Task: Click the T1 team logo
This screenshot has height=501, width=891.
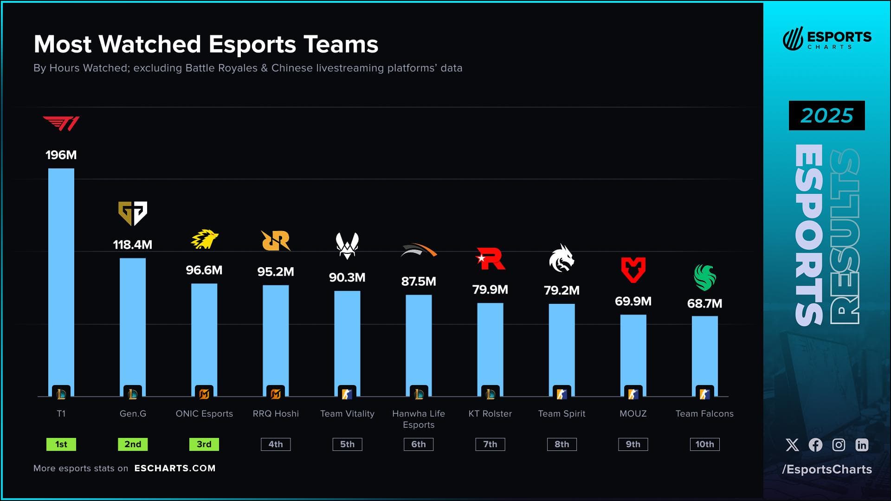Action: [x=61, y=123]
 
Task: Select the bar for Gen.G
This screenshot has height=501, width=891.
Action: [x=133, y=325]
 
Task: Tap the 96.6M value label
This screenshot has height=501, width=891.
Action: [x=204, y=270]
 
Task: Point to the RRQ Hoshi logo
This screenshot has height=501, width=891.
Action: [x=276, y=240]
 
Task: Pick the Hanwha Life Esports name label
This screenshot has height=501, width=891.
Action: [x=419, y=419]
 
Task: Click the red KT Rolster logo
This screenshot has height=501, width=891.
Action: [x=491, y=259]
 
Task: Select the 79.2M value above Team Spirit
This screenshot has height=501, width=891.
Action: [x=562, y=290]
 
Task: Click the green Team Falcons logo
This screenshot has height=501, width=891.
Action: [x=704, y=277]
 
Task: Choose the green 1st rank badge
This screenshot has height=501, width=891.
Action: [x=61, y=444]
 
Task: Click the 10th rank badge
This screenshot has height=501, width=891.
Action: [x=704, y=444]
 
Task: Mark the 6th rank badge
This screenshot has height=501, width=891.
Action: [x=419, y=444]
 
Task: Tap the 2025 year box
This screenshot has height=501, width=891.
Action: [x=826, y=116]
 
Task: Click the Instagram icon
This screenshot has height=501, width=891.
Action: [x=839, y=445]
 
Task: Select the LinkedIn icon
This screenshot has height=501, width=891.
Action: [x=862, y=445]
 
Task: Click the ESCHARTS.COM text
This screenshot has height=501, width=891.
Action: [x=175, y=468]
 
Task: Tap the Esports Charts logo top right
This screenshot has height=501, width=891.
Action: [x=826, y=39]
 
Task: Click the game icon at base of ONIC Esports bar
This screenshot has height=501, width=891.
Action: [x=204, y=394]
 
